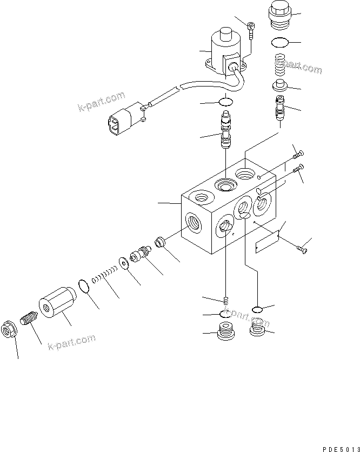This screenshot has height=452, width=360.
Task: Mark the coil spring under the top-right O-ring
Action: (279, 66)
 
